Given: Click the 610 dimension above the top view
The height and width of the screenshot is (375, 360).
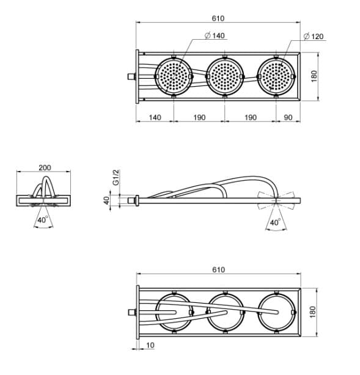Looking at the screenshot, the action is [218, 18].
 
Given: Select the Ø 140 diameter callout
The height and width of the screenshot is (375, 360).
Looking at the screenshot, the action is [215, 35].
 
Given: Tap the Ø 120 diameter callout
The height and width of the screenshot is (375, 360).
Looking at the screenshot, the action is [314, 37].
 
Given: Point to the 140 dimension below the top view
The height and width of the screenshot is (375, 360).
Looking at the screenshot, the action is [155, 117].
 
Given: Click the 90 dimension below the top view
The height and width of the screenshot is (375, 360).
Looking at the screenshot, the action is [288, 117].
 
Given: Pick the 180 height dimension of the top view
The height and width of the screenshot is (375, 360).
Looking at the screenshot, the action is [314, 76].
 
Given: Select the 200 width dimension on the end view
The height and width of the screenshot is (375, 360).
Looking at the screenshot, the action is [45, 167].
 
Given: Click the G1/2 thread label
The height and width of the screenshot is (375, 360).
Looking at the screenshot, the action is [116, 177].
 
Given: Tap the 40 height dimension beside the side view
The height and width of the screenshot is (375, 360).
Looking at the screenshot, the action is [107, 200].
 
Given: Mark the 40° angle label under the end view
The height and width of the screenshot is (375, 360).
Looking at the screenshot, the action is [43, 219].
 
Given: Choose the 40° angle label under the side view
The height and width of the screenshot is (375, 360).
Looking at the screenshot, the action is [275, 222].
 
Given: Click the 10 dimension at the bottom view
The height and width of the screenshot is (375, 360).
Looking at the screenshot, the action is [150, 345].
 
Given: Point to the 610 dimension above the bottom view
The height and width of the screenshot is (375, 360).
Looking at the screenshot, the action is [219, 270].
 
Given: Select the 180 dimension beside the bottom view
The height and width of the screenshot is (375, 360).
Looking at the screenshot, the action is [313, 312].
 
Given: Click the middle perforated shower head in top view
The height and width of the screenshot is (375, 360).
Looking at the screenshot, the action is [225, 76].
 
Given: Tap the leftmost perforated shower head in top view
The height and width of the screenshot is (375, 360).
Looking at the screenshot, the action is [174, 76].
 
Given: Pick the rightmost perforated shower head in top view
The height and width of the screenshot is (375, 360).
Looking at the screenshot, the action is [276, 76].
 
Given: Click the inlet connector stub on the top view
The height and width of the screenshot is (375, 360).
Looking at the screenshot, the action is [131, 76].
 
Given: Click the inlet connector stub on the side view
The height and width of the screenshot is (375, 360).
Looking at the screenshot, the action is [131, 200].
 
